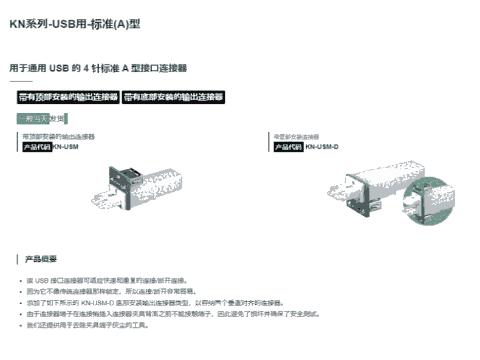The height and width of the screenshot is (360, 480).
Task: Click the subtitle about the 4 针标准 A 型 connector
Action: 98,68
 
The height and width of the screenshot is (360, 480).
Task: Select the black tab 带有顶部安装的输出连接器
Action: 68,97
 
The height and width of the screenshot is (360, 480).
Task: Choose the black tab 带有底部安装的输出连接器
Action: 174,97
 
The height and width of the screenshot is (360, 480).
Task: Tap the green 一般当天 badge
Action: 33,118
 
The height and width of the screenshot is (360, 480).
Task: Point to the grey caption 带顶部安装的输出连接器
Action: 58,137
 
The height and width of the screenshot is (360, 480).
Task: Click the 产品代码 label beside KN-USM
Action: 37,146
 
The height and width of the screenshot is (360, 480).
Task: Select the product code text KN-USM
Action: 66,146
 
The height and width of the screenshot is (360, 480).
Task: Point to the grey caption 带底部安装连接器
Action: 296,137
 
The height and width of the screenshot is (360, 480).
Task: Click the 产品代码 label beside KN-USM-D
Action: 289,146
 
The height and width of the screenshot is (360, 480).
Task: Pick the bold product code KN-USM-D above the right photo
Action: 322,146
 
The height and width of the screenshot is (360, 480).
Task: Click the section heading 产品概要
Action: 41,259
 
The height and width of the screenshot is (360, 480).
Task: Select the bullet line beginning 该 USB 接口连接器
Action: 106,280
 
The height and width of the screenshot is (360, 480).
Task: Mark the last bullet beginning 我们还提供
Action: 87,325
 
